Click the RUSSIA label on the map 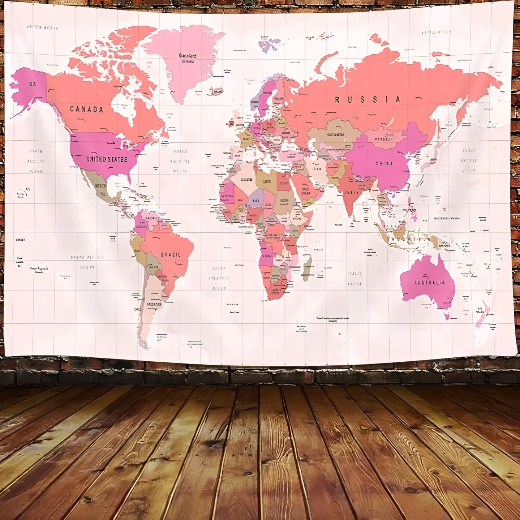(368, 99)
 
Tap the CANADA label (86, 109)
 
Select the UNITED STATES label (107, 159)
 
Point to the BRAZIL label (170, 254)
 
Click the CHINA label (384, 163)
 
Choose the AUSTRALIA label (429, 282)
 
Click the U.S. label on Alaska (32, 84)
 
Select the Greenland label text (188, 56)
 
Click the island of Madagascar (307, 268)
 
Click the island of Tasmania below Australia (448, 316)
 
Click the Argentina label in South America (153, 304)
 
